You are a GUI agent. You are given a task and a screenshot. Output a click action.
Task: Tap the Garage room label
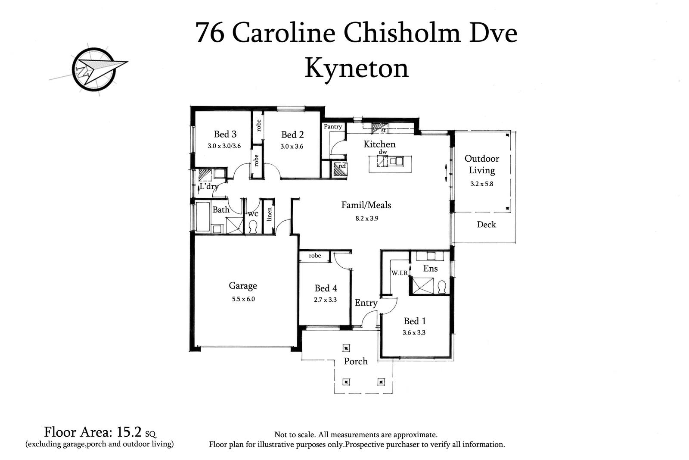coord(243,285)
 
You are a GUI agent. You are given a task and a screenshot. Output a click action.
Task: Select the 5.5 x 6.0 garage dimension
coord(243,299)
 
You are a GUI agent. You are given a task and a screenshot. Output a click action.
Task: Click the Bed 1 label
coord(415,321)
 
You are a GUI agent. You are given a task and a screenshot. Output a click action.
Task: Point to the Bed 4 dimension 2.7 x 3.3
coord(325,300)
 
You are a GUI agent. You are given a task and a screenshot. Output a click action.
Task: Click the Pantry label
coord(333,126)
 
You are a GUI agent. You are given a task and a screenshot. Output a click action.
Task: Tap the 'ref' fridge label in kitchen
coord(342,166)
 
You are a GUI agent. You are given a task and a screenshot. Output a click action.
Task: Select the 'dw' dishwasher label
coord(383,152)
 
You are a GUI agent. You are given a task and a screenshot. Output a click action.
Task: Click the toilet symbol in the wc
coord(253,227)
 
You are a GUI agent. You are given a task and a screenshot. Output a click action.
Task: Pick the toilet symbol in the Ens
coord(442,287)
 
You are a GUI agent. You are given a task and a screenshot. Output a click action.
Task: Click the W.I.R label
coord(399,273)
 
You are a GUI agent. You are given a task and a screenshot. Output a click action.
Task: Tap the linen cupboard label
coord(270,214)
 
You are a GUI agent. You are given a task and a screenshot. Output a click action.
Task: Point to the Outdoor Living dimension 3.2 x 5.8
coord(481,183)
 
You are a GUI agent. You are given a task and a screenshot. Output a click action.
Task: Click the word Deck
coord(486,224)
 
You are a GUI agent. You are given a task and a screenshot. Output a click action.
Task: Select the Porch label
coord(356,361)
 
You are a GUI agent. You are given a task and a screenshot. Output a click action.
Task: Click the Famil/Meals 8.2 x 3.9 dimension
coord(366,218)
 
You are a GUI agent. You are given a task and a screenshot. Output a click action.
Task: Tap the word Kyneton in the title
coord(357,68)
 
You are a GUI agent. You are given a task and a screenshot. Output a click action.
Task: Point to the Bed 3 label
coord(225,134)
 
